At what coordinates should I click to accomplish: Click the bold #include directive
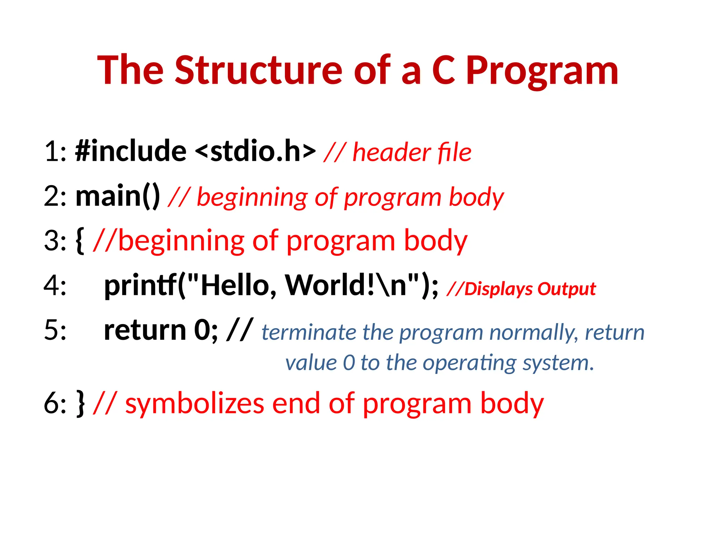click(x=131, y=151)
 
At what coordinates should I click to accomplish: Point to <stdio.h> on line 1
click(x=255, y=151)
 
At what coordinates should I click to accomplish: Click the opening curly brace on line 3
click(x=80, y=241)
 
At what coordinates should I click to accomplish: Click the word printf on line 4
click(x=140, y=285)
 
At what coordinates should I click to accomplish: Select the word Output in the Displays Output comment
click(x=566, y=289)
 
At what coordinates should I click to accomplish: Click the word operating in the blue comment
click(x=469, y=363)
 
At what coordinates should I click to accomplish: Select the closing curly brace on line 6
click(x=80, y=403)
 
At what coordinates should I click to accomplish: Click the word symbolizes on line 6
click(x=195, y=404)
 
